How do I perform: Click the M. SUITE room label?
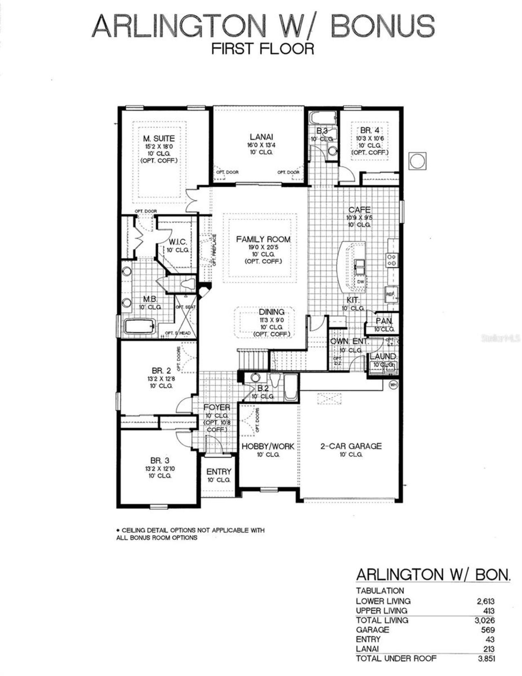[x=159, y=139]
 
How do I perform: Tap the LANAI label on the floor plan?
[x=261, y=137]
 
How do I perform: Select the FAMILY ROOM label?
[x=263, y=239]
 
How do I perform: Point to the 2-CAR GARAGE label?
[x=351, y=446]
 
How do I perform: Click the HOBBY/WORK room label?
[x=268, y=446]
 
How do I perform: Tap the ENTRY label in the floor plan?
[x=219, y=472]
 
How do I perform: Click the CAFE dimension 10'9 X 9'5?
[x=359, y=217]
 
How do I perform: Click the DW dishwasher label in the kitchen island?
[x=361, y=282]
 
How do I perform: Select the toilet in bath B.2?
[x=274, y=380]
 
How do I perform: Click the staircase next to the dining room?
[x=253, y=359]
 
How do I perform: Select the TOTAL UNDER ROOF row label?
[x=396, y=658]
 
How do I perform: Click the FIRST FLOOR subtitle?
[x=263, y=49]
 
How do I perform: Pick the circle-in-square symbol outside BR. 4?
[x=417, y=161]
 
